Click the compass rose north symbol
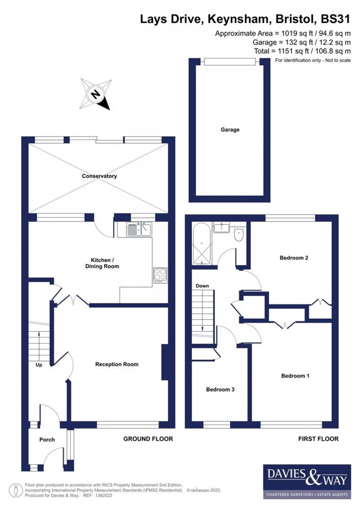[x=96, y=94]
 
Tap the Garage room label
[x=230, y=129]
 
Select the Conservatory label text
[x=99, y=176]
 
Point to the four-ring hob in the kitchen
[x=160, y=275]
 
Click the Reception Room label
[x=117, y=364]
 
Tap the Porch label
[x=47, y=440]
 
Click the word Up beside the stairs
[x=39, y=365]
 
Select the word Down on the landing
[x=202, y=286]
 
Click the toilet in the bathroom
[x=239, y=234]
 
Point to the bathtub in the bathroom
[x=201, y=243]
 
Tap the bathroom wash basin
[x=222, y=227]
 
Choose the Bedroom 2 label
[x=294, y=258]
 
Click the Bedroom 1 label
[x=295, y=376]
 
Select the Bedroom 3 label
[x=220, y=389]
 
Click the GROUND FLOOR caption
[x=148, y=439]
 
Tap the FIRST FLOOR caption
[x=318, y=439]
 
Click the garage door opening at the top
[x=230, y=62]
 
